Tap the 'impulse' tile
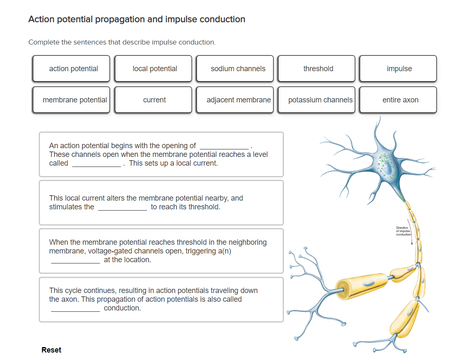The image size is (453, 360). (x=398, y=69)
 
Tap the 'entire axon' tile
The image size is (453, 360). (x=398, y=100)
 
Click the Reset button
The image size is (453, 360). (x=51, y=350)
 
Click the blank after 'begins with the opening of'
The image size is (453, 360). (x=224, y=146)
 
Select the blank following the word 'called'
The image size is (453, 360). (x=97, y=164)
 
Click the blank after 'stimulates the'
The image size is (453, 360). (x=122, y=207)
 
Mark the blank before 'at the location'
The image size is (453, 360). (x=75, y=260)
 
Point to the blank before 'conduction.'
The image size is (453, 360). (x=75, y=308)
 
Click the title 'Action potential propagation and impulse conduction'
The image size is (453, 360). (x=137, y=19)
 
